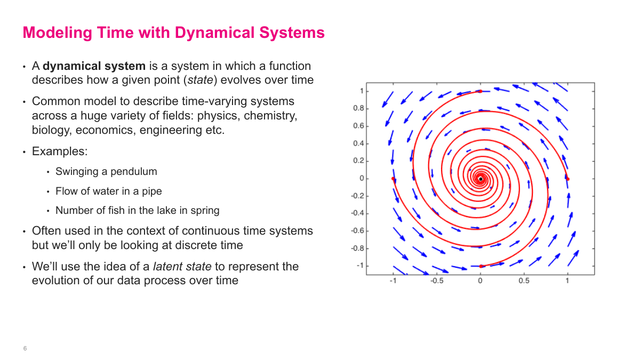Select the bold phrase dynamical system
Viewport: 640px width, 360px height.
(x=94, y=66)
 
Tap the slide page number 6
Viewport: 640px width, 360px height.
(x=25, y=348)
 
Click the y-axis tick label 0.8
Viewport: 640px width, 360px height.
(x=358, y=108)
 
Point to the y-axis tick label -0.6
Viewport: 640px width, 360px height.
(x=357, y=231)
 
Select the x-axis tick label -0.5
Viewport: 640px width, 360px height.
(x=436, y=281)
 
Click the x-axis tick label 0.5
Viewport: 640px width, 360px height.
(x=524, y=281)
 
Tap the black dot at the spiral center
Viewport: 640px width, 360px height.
(x=480, y=179)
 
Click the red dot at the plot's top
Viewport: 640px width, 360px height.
(x=480, y=91)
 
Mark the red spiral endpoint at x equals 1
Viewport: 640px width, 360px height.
(x=567, y=179)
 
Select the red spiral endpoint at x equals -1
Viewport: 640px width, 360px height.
(x=393, y=179)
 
